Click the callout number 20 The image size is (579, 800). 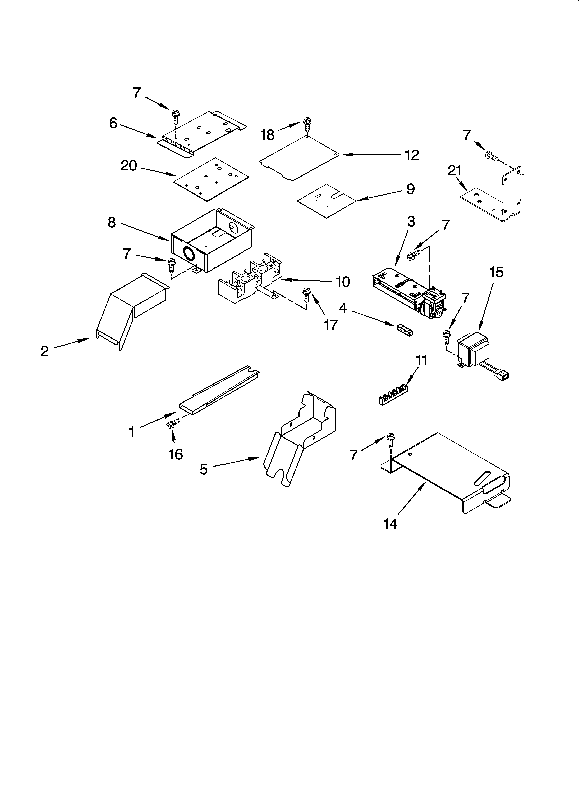[129, 165]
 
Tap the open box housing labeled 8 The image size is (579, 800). [212, 240]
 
